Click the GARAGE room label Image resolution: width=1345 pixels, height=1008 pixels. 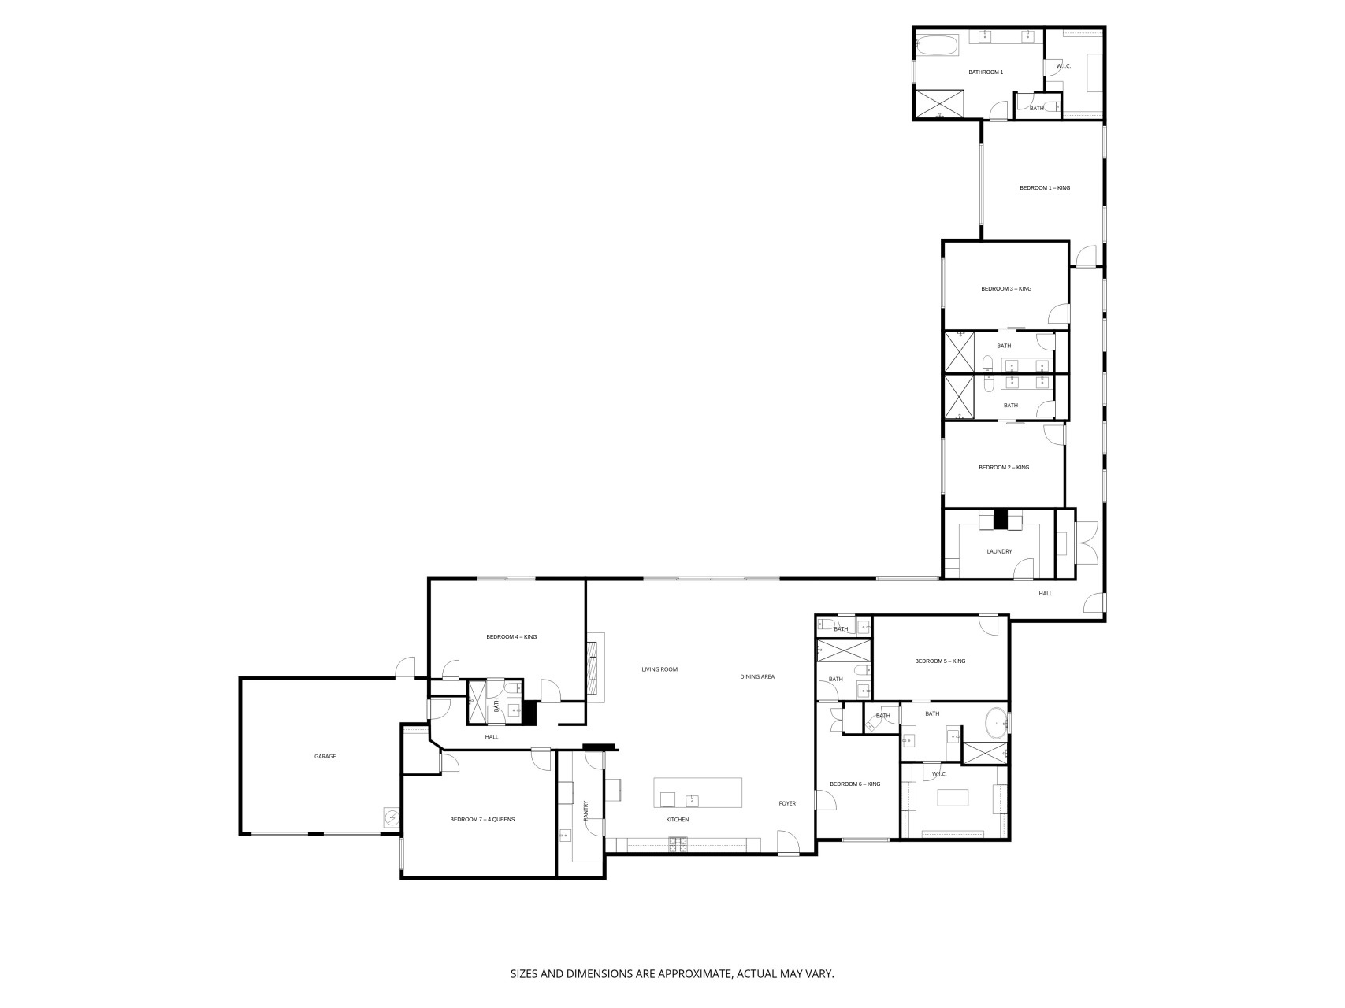[325, 757]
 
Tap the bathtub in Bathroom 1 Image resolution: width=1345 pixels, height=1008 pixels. [938, 44]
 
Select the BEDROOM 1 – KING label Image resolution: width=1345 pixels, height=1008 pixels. [1045, 188]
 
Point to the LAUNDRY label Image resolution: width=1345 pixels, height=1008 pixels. [999, 552]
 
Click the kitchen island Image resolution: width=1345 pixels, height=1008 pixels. [698, 792]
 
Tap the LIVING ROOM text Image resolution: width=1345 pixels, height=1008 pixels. [659, 670]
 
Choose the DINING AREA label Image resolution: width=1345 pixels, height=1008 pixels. [757, 677]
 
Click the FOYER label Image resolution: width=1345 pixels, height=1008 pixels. [787, 804]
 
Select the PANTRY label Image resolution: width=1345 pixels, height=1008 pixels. [585, 811]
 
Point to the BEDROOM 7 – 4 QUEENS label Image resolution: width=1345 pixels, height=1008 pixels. [482, 820]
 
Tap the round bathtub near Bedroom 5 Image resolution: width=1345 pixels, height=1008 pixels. [995, 723]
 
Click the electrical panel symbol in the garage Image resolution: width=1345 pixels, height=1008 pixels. [391, 818]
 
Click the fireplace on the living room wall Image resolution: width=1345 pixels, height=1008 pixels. [595, 668]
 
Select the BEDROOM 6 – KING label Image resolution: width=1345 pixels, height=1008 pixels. [855, 784]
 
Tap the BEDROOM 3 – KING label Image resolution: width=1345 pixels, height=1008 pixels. [1006, 289]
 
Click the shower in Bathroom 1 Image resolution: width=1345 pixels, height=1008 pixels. [938, 103]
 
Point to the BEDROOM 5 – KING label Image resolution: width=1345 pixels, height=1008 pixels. [940, 661]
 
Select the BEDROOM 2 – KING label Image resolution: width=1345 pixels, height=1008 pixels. [1004, 468]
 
